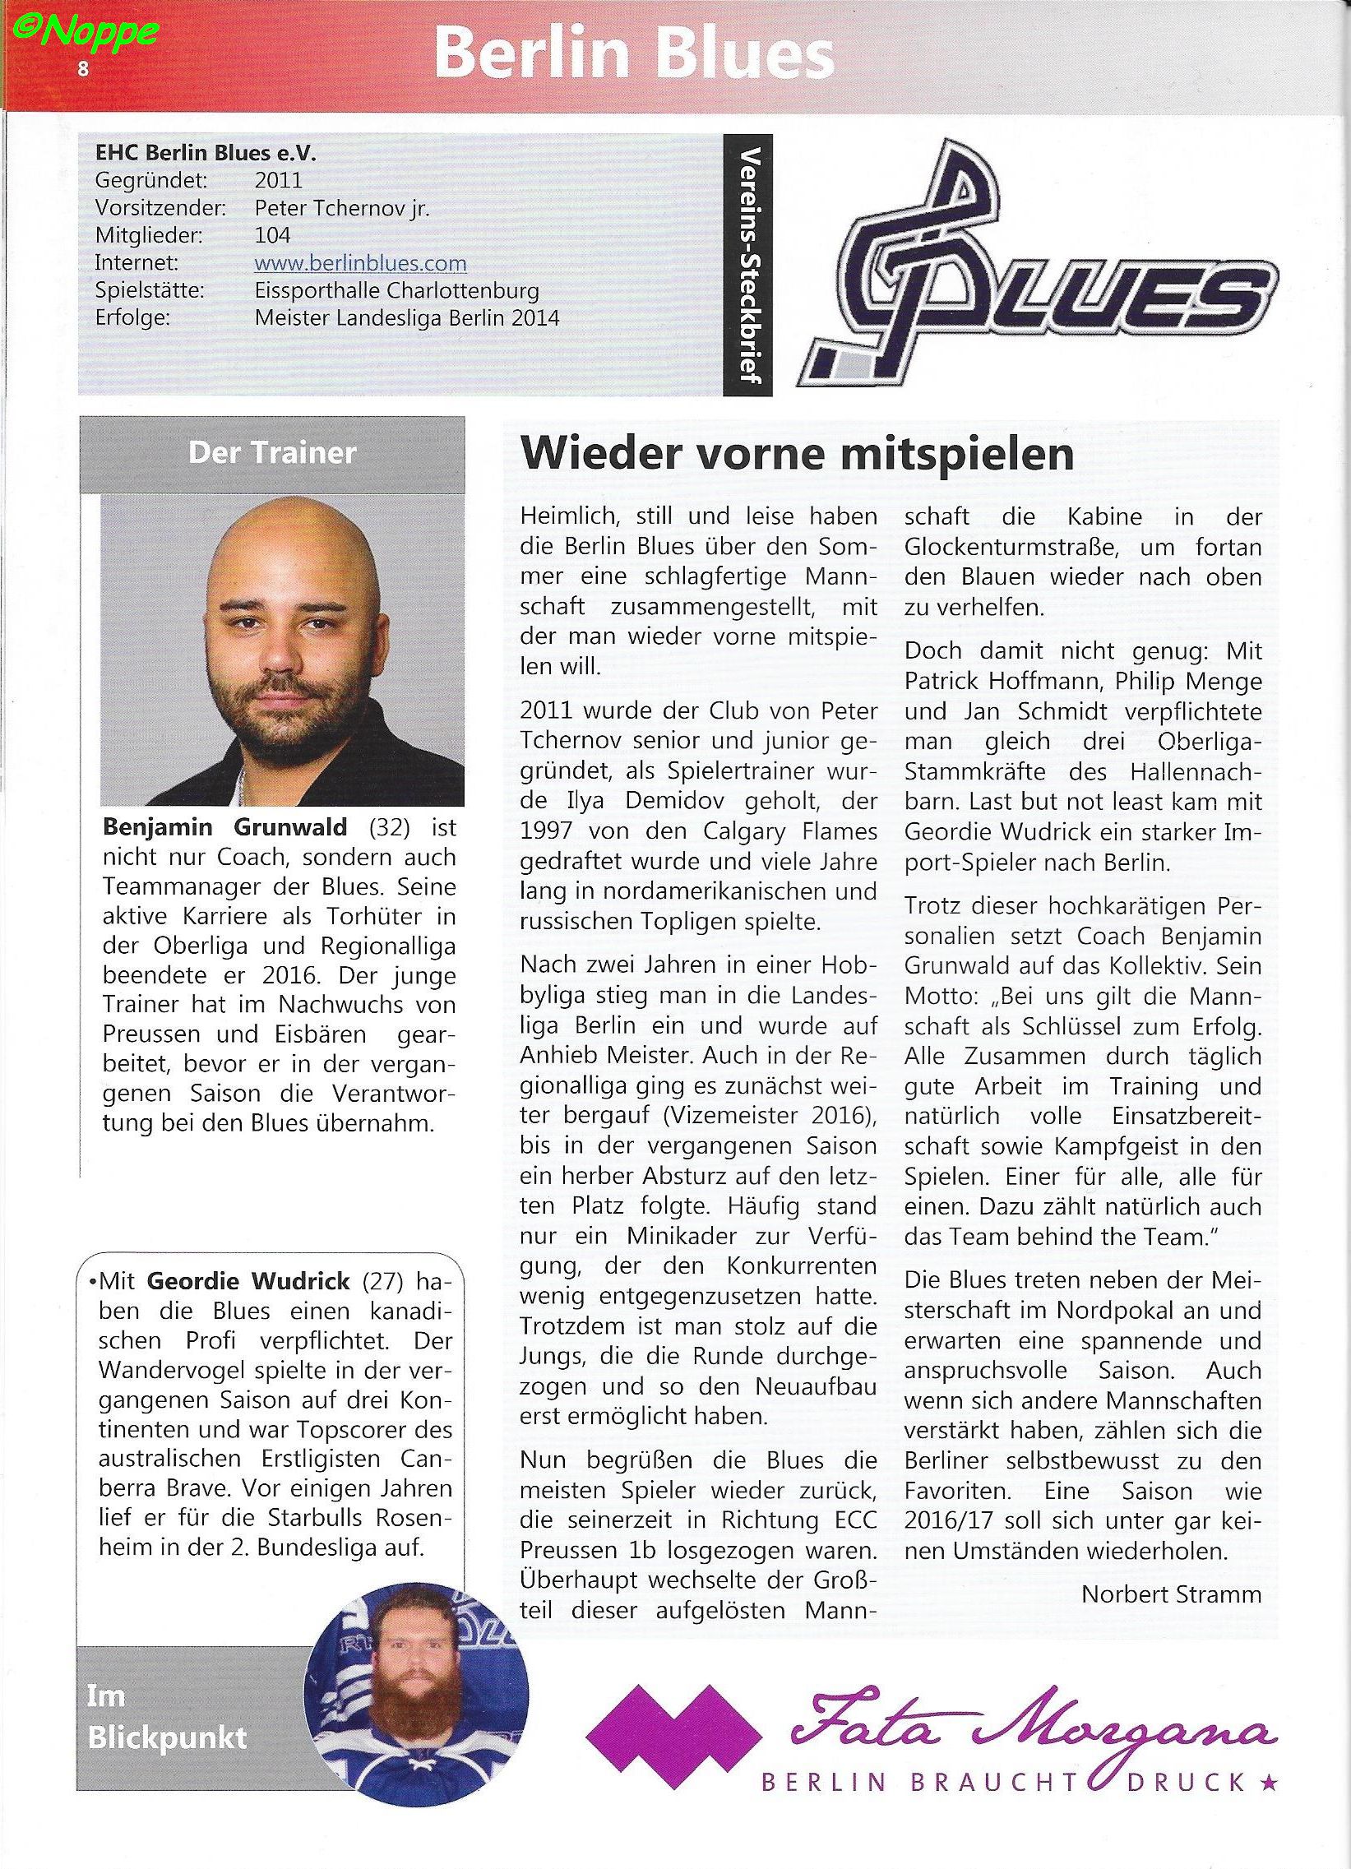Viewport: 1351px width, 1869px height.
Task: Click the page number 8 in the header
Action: [82, 69]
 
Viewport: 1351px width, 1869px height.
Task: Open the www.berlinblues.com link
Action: [360, 264]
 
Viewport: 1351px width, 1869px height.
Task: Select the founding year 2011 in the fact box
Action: [279, 179]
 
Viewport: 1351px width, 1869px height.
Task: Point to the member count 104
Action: [273, 236]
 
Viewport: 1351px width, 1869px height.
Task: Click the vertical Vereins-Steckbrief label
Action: [749, 263]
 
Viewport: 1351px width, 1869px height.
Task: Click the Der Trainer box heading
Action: [272, 452]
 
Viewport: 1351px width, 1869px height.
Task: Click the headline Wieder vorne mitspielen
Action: [797, 454]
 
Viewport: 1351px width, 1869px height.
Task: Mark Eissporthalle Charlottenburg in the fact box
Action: [397, 291]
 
